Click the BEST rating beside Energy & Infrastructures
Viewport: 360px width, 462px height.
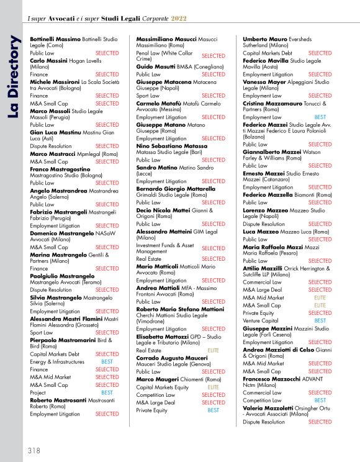[x=107, y=361]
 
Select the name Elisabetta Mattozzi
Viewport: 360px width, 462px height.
[x=163, y=336]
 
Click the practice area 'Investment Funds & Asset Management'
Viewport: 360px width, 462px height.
[x=162, y=248]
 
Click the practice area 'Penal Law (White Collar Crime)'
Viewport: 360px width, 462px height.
[x=164, y=56]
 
